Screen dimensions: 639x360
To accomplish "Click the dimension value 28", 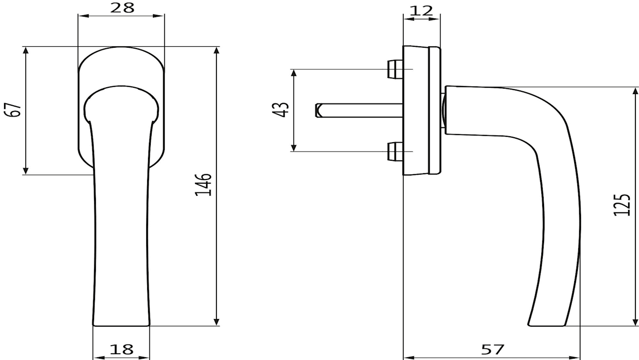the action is coord(122,8).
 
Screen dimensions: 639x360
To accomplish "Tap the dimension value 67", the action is coord(13,110).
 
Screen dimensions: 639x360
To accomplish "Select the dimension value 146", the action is coord(203,184).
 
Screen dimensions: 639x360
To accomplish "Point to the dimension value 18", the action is coord(121,349).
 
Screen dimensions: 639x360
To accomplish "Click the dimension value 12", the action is coord(421,11).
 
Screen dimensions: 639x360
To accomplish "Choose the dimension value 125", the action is coord(622,205).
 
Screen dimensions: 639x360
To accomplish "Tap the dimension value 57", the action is coord(493,350).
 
